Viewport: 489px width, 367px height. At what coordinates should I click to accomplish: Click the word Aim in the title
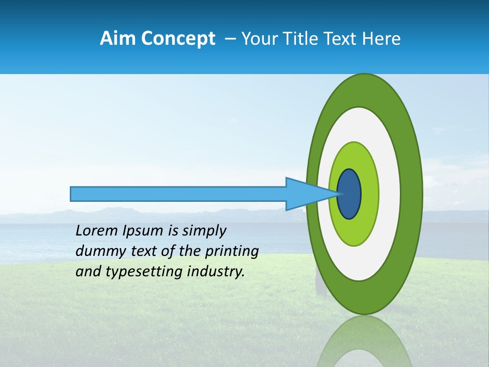(x=118, y=39)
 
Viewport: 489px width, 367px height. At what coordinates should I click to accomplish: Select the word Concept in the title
(x=178, y=39)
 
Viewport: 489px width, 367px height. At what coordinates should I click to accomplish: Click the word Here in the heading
(x=382, y=39)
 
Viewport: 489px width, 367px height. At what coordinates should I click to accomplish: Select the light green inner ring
(x=369, y=194)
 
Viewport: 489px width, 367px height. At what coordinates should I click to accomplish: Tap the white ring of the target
(x=389, y=194)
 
